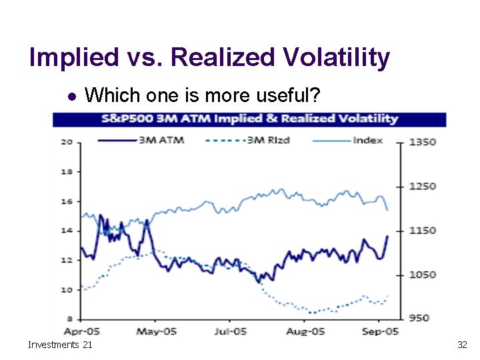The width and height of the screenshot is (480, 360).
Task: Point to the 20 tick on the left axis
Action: tap(67, 141)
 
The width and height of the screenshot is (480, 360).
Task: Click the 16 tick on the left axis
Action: tap(67, 201)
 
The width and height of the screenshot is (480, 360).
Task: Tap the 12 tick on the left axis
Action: tap(67, 260)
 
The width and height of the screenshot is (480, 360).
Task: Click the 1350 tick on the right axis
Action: tap(423, 141)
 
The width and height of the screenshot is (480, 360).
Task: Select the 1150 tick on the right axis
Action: tap(423, 230)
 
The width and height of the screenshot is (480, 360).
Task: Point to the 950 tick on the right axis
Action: tap(420, 318)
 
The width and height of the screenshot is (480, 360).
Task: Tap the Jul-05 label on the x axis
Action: tap(231, 331)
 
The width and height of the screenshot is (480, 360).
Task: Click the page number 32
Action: tap(461, 345)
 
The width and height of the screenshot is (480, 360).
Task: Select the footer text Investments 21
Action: tap(60, 345)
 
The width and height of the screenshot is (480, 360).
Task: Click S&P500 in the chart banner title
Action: tap(126, 119)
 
